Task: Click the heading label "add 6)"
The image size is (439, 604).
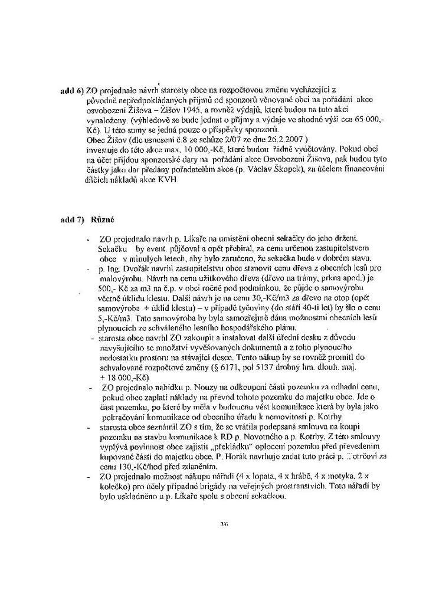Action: click(x=73, y=92)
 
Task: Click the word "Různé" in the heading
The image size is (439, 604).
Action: click(x=101, y=219)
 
